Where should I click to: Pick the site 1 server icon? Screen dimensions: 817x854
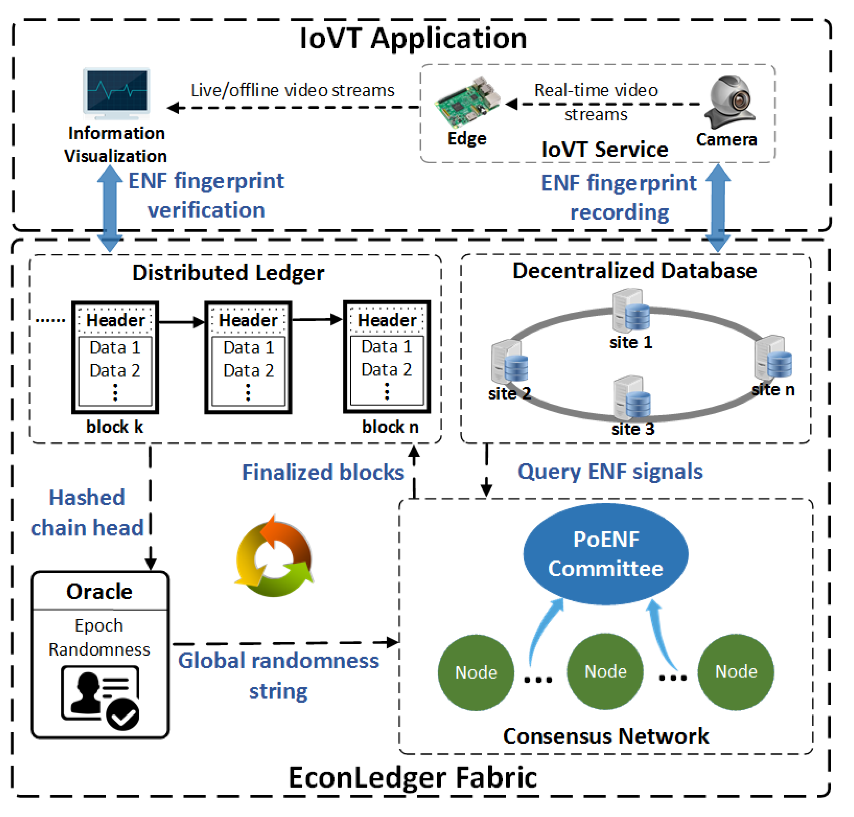(630, 311)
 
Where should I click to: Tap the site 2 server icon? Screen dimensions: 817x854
(509, 362)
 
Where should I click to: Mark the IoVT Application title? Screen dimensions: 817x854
(413, 38)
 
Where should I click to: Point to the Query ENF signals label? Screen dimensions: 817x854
(610, 472)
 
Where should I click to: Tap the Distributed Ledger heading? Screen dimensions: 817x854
(228, 273)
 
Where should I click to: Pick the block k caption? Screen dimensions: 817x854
(115, 427)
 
